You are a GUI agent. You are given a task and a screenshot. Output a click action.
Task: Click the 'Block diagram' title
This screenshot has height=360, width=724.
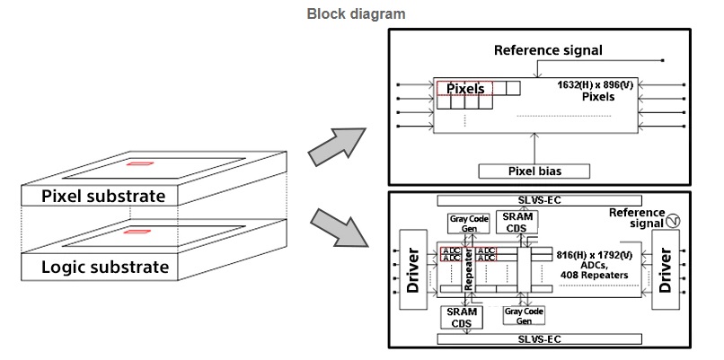(x=356, y=13)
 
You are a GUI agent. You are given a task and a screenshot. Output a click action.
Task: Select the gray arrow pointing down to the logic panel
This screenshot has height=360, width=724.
(x=336, y=230)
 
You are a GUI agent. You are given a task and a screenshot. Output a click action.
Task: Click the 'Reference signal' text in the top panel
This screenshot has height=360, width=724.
(x=548, y=50)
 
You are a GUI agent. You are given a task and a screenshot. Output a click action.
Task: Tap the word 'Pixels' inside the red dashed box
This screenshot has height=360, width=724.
(x=465, y=88)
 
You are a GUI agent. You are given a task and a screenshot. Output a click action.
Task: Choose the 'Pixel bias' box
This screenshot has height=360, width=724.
(x=534, y=171)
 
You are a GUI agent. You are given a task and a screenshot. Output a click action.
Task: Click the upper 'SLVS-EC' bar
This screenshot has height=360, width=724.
(x=538, y=200)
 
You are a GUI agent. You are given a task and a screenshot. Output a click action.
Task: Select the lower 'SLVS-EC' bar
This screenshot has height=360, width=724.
(x=538, y=338)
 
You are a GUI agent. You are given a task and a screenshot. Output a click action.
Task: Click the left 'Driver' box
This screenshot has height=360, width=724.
(x=414, y=268)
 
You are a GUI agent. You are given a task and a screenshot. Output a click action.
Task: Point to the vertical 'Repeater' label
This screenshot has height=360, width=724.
(x=467, y=270)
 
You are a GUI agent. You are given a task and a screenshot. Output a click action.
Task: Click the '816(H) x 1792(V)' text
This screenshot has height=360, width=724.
(x=594, y=255)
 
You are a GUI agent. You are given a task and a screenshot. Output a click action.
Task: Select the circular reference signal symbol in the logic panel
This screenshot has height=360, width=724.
(x=672, y=219)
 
